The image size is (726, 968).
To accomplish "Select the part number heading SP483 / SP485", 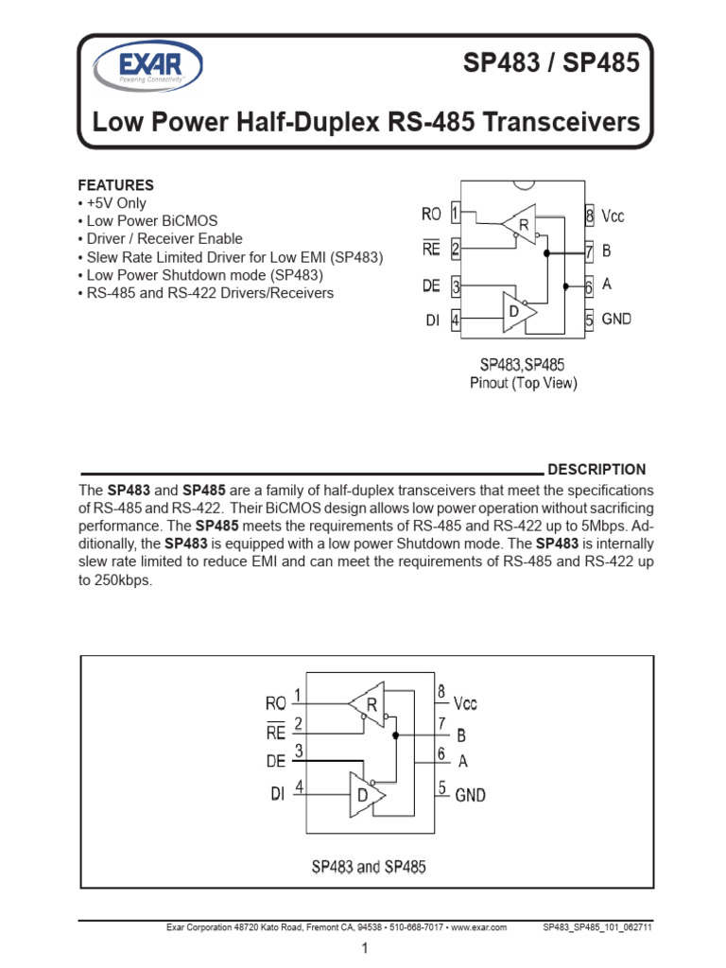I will [x=564, y=64].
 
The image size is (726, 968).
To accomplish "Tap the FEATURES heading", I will [x=115, y=185].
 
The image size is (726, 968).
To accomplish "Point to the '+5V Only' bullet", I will [x=112, y=203].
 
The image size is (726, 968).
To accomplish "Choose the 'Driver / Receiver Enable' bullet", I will [x=160, y=239].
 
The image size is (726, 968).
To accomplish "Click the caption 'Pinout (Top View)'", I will [x=523, y=383].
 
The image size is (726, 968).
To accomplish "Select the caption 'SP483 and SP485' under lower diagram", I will [x=370, y=866].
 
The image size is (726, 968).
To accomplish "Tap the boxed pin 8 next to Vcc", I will [x=589, y=216].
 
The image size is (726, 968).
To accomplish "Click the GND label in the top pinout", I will [x=616, y=320].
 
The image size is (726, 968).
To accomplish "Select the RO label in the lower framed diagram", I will [x=275, y=703].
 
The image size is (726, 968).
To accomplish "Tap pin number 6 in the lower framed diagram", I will [x=441, y=754].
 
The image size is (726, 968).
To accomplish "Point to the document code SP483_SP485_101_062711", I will [x=596, y=928].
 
